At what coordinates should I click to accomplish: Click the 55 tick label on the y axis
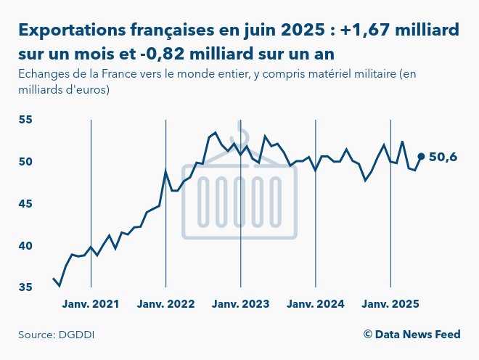coord(26,119)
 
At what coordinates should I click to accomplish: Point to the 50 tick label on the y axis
coord(26,161)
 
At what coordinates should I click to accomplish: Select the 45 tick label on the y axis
coord(26,203)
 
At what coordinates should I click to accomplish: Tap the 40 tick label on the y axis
coord(26,245)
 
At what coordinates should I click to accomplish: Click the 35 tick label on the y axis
coord(26,287)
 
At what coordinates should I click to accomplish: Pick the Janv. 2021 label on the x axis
coord(91,304)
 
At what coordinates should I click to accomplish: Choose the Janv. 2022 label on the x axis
coord(166,304)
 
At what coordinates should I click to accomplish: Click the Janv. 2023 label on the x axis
coord(241,304)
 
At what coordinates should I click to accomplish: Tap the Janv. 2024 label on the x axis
coord(315,304)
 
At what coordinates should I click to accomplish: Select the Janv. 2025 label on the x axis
coord(390,304)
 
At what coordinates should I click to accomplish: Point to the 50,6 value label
coord(443,157)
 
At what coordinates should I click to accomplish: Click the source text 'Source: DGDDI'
coord(57,335)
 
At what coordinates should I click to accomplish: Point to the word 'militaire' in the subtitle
coord(362,74)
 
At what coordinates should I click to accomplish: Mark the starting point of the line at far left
coord(53,279)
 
